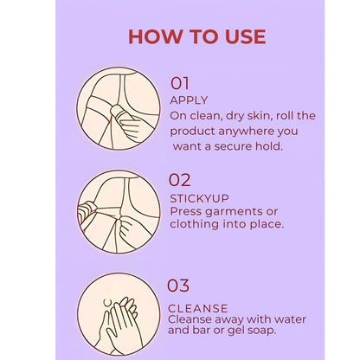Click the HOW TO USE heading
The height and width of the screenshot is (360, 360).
click(197, 36)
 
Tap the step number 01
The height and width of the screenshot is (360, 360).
click(180, 83)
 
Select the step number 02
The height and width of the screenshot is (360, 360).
click(179, 180)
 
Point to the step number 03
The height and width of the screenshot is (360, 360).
click(178, 286)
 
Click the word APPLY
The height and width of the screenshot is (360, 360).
click(189, 100)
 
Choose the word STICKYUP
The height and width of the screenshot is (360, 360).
click(199, 198)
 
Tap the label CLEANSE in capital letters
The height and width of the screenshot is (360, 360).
click(198, 309)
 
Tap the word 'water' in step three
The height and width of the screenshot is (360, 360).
click(290, 319)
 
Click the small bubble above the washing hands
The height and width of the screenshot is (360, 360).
click(107, 303)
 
